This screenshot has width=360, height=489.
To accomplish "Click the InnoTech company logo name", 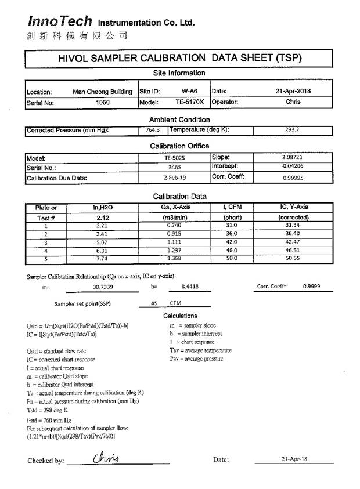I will (60, 21).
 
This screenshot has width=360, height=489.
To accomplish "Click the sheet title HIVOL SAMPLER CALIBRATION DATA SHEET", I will (179, 59).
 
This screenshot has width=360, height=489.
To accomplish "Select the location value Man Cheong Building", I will (102, 92).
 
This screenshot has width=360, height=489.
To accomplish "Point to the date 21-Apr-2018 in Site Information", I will (293, 91).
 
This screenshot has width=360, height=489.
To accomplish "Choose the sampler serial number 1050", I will (102, 103).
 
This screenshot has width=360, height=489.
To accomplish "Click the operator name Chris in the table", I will (293, 102).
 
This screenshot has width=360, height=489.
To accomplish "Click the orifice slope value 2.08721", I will (292, 157).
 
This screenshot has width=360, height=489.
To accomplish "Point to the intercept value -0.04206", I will (292, 167).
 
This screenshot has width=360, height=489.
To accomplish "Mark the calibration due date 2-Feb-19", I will (174, 178).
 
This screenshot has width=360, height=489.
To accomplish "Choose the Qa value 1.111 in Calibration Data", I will (174, 242).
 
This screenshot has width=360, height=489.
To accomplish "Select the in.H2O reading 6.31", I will (102, 250).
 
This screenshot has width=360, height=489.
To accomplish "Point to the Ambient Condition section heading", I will (179, 119).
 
